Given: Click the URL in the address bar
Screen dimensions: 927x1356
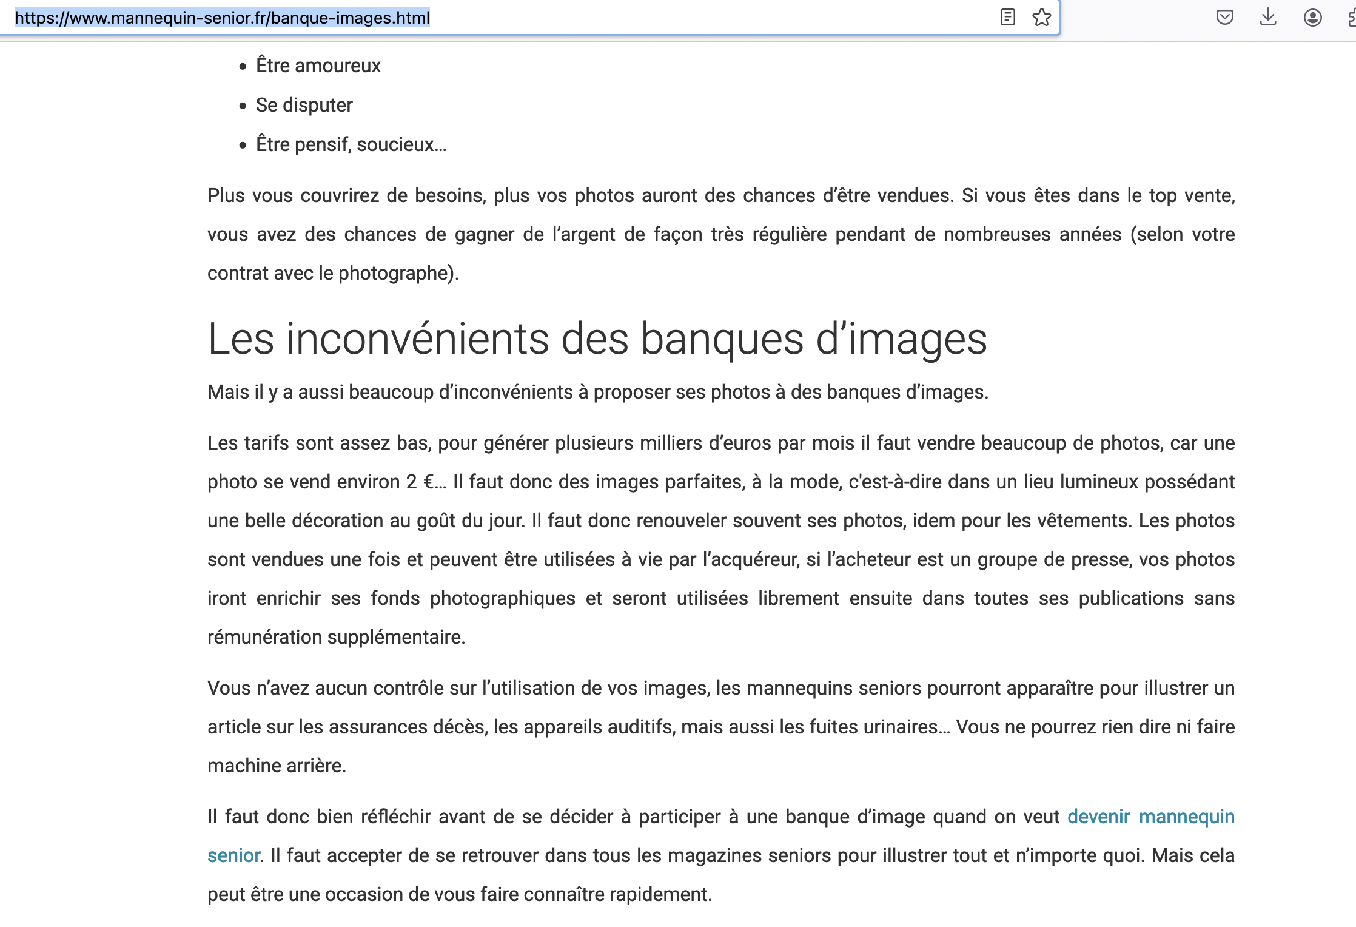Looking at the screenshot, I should [x=222, y=18].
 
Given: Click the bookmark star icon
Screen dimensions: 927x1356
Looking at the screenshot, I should [x=1041, y=18].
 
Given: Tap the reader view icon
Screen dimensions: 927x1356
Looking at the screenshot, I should [x=1007, y=18].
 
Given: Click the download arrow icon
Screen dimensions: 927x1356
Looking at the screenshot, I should [x=1267, y=18].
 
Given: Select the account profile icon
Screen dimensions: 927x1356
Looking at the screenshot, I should [x=1312, y=18].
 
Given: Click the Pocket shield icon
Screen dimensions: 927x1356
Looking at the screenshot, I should [x=1224, y=18].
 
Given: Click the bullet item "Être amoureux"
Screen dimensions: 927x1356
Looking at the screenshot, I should [x=318, y=66].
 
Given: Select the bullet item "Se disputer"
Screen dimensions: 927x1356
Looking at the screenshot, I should [x=304, y=105].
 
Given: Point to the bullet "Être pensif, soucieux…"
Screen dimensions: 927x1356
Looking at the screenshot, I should [x=351, y=144].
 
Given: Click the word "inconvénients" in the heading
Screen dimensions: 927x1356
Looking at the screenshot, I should [x=417, y=339].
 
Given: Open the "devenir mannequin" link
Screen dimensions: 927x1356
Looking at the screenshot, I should [x=1150, y=817].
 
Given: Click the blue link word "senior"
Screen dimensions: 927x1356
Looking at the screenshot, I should [x=233, y=855].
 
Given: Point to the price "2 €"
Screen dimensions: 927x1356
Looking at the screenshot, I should [x=420, y=482].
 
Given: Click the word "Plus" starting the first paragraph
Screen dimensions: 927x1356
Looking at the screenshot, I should [x=226, y=195].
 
